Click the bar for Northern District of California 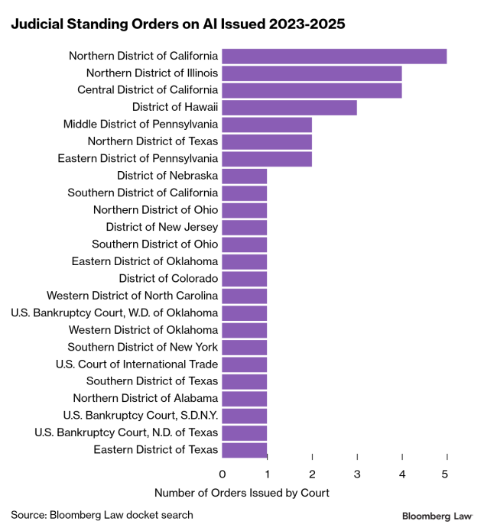tap(334, 56)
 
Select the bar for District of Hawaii tap(290, 107)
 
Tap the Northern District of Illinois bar tap(312, 73)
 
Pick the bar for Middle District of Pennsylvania tap(267, 125)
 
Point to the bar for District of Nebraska tap(245, 176)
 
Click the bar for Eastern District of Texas tap(245, 450)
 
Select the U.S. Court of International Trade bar tap(245, 364)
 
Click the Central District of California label tap(148, 90)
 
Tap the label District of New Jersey tap(162, 227)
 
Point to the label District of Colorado tap(168, 278)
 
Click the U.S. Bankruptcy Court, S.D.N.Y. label tap(141, 416)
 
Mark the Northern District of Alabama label tap(145, 398)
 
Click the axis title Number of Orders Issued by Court tap(242, 493)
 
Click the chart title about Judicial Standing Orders tap(177, 24)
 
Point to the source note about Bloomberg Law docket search tap(102, 514)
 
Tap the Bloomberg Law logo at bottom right tap(437, 516)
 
